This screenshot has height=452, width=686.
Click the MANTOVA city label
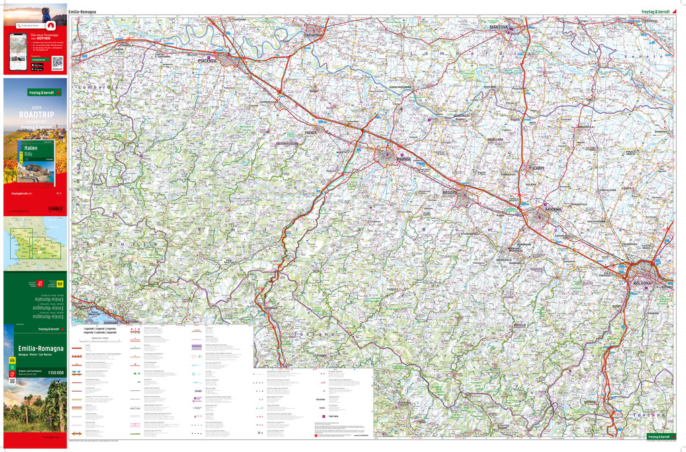click(498, 26)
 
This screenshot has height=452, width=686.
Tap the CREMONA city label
click(314, 35)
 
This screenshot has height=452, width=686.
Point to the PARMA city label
click(404, 159)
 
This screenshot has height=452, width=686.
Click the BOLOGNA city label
click(642, 283)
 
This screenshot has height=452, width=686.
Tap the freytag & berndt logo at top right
click(658, 11)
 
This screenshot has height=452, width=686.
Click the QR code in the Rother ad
click(56, 60)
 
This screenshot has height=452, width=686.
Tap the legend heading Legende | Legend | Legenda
click(100, 329)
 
